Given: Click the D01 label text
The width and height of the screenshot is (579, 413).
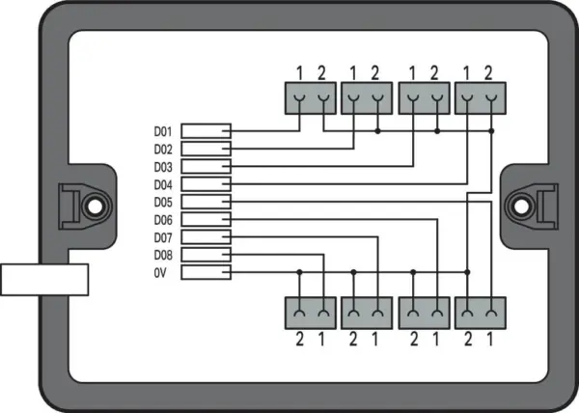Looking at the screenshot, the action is (x=163, y=132).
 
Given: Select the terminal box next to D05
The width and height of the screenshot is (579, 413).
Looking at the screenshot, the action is (x=207, y=202).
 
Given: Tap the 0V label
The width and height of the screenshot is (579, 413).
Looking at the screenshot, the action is (x=160, y=273).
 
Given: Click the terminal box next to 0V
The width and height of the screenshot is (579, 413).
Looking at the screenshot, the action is (x=207, y=272).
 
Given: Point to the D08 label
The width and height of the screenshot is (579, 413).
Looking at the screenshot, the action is (x=163, y=255).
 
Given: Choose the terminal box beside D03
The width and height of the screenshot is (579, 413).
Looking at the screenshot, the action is (x=207, y=167).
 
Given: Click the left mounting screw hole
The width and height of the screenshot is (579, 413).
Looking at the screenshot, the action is (x=95, y=206).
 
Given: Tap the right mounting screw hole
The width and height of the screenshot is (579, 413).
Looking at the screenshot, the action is (x=521, y=206).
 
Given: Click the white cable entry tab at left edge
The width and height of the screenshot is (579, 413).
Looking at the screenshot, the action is (x=44, y=280).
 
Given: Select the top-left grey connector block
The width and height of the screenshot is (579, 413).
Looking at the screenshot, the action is (x=311, y=98).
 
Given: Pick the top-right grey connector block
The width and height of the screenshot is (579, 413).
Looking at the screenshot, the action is (x=481, y=98).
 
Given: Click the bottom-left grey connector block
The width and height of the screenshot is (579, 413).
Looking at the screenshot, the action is (x=311, y=313).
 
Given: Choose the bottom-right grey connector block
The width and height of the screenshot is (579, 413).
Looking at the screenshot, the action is (x=481, y=313).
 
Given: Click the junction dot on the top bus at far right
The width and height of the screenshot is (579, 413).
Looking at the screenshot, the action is (x=491, y=131).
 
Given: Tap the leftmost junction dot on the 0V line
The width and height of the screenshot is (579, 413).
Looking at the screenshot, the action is (x=299, y=272).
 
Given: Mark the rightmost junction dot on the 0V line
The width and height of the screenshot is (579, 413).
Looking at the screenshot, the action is (x=467, y=272).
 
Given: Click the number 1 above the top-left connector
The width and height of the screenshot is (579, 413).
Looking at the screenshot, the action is (x=299, y=73).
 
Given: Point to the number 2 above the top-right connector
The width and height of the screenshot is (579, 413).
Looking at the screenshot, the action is (x=488, y=73).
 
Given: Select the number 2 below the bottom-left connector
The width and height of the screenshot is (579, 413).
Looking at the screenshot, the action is (x=299, y=340).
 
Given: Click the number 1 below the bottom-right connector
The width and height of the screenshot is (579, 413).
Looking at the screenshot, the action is (x=490, y=340).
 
